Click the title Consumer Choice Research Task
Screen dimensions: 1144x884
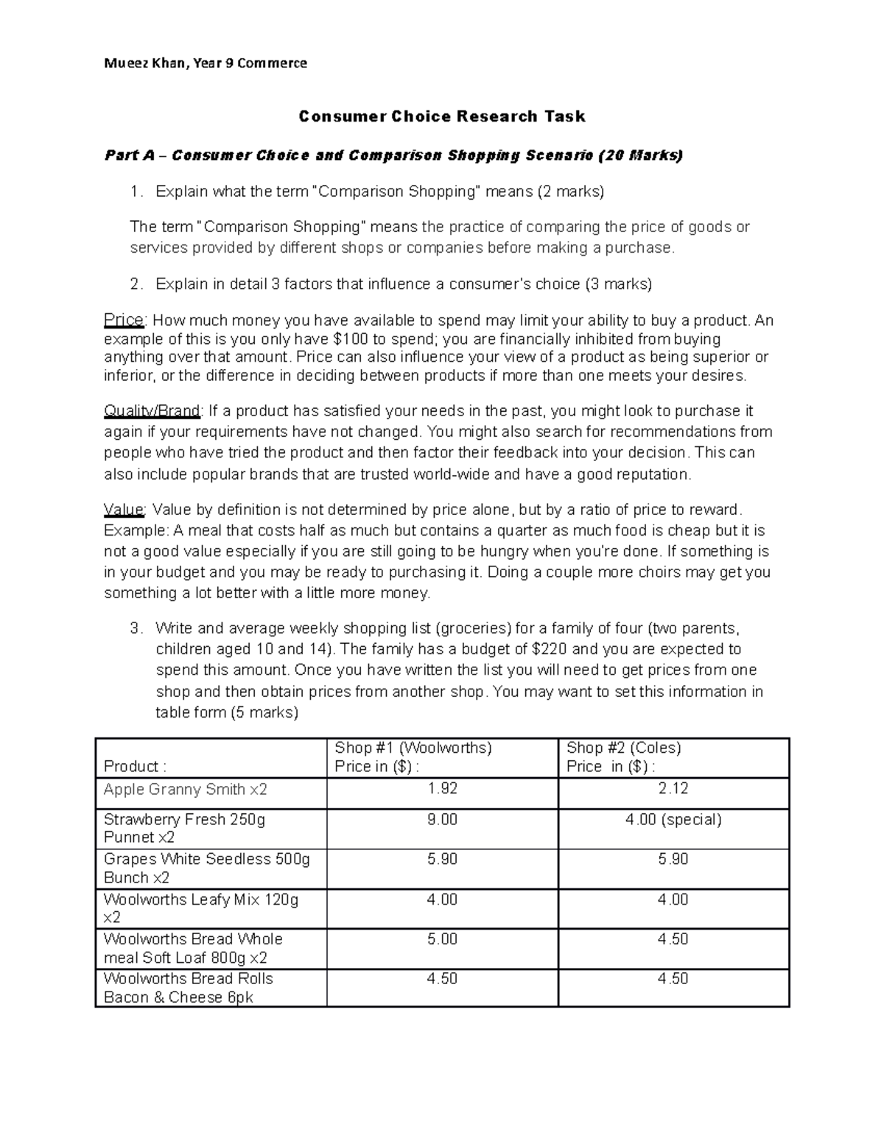(441, 116)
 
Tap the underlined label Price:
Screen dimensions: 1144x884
(125, 321)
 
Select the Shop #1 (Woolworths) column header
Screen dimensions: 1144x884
(413, 748)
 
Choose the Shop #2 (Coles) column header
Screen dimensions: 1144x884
(623, 748)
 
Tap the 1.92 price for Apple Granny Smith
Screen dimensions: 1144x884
(442, 789)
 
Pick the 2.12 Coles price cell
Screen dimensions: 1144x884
(673, 789)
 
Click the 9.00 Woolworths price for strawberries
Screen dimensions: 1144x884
(442, 820)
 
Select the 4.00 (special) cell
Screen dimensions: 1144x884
(673, 820)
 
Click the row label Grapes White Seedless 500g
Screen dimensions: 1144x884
(206, 860)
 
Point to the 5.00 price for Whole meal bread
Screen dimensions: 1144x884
(442, 940)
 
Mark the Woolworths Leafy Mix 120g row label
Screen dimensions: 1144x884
(200, 900)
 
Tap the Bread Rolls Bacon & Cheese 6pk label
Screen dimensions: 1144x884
(188, 989)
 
